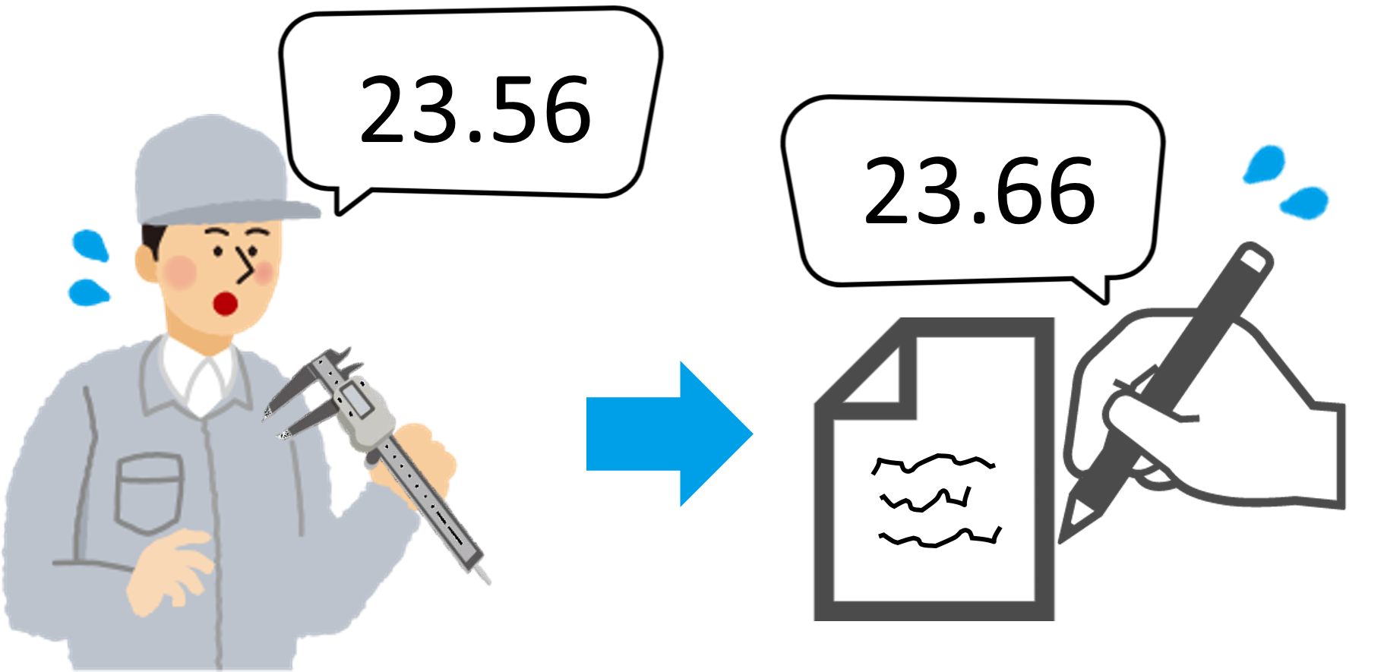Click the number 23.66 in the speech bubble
(980, 191)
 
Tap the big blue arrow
(669, 434)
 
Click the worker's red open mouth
(226, 304)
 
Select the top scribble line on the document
(933, 462)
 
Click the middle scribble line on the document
(925, 499)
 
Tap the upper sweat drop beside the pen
(1262, 164)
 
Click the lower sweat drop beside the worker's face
(88, 292)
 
